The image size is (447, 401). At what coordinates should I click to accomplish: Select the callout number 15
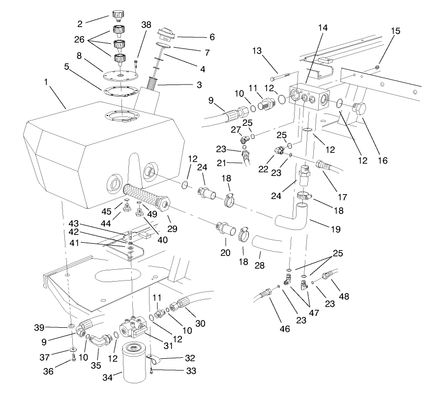[x=396, y=30]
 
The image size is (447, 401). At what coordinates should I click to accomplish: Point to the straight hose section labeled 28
[x=266, y=243]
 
